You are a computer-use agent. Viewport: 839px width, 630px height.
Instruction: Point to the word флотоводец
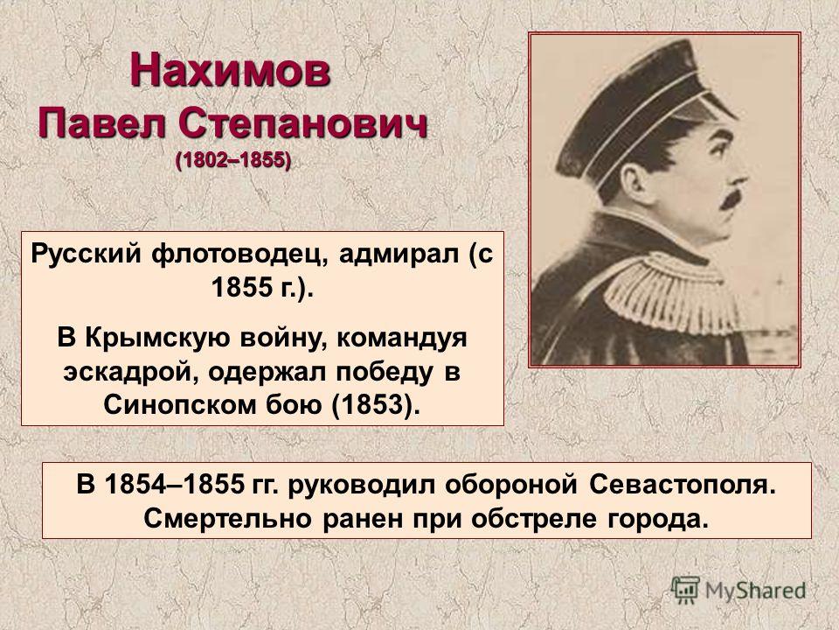coord(239,255)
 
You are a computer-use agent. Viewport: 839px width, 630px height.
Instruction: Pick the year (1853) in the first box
coord(374,405)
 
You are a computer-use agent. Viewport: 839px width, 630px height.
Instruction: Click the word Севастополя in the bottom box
coord(683,486)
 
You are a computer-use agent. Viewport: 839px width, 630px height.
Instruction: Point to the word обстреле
coord(534,519)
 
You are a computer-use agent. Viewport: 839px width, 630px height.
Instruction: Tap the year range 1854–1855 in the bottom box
coord(175,485)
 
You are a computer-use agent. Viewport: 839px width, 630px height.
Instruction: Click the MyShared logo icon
coord(684,590)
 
